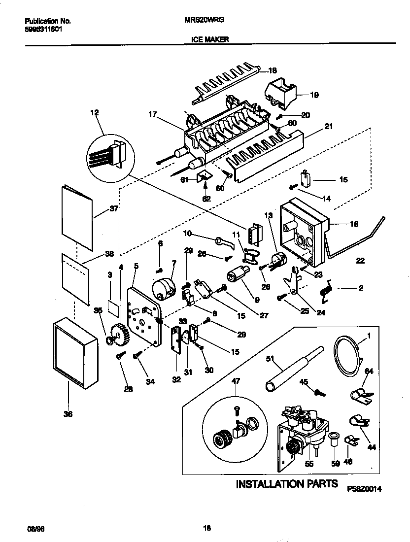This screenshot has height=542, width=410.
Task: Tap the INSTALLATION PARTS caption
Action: (287, 484)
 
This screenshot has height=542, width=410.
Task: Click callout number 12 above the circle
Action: (94, 113)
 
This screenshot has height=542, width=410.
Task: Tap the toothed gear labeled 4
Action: (118, 335)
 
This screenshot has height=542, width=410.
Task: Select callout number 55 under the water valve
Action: (309, 464)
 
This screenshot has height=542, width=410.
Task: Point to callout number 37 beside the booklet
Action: (114, 208)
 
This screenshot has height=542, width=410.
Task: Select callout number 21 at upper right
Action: (329, 126)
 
